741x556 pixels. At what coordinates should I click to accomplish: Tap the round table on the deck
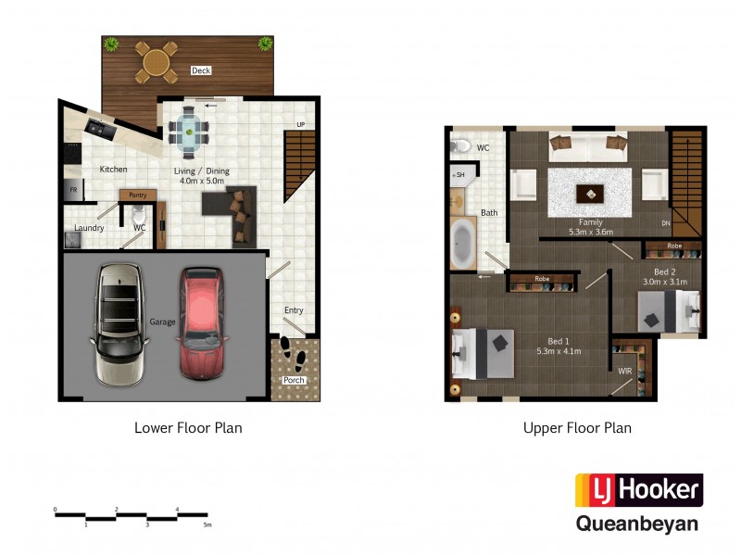pos(157,63)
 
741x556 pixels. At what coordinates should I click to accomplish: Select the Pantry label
pos(138,195)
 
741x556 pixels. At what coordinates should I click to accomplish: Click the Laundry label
pos(89,228)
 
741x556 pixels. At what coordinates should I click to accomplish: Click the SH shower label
pos(458,175)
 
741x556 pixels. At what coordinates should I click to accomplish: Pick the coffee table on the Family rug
pos(588,193)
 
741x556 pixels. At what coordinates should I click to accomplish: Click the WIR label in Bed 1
pos(626,372)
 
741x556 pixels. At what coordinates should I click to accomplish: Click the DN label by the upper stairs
pos(665,223)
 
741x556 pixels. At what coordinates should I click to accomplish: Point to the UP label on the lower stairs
pos(300,124)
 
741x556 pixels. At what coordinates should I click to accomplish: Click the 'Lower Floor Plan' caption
pos(188,428)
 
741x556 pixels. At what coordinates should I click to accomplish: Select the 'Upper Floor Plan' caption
pos(577,428)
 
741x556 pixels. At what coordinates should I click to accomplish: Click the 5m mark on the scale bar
pos(207,525)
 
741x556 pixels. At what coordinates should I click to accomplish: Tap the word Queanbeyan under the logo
pos(637,524)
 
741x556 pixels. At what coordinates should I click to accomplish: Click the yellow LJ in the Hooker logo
pos(593,488)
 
